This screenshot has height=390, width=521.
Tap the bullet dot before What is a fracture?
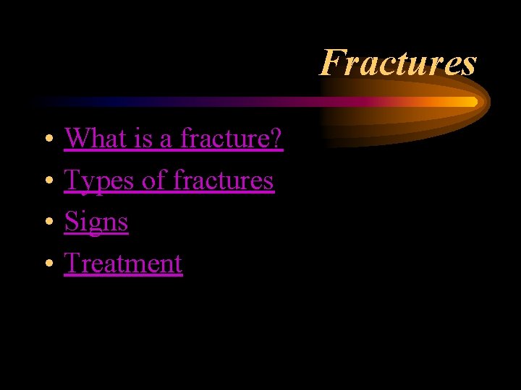point(46,138)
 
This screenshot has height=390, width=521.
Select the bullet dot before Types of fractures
point(46,180)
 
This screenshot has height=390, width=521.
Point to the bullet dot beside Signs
point(46,222)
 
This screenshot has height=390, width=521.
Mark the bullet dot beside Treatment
point(46,264)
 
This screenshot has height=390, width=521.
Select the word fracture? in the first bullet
point(232,137)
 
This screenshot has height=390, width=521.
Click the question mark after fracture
point(276,137)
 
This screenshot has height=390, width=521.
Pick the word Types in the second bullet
point(99,180)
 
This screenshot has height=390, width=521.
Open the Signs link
point(96,222)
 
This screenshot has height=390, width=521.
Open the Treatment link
point(123,264)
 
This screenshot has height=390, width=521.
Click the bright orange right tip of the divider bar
point(473,102)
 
